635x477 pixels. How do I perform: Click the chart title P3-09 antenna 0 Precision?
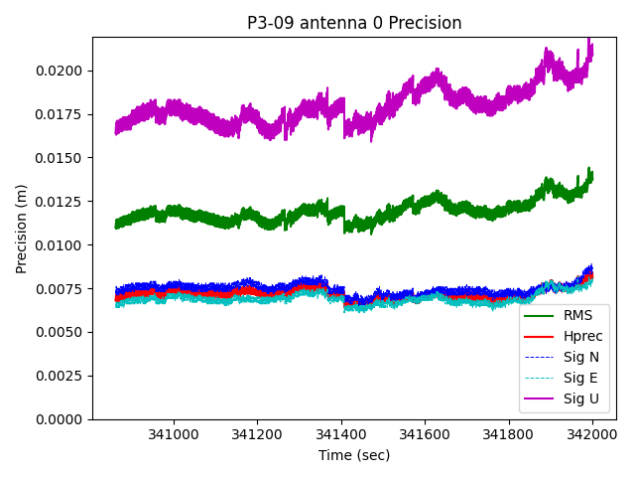click(x=354, y=23)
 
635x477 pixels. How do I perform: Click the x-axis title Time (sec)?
click(x=354, y=455)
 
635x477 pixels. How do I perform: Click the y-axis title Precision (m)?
click(x=21, y=229)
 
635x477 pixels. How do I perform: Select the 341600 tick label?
click(x=425, y=434)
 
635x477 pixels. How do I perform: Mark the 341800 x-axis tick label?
click(x=509, y=434)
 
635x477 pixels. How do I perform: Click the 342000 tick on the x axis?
click(x=592, y=434)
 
